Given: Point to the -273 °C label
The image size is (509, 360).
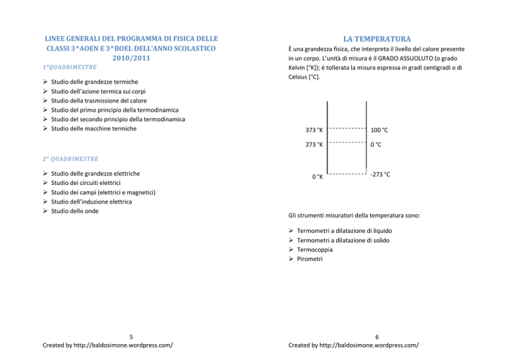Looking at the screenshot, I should click(380, 174).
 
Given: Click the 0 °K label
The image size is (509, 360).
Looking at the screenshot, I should click(317, 177).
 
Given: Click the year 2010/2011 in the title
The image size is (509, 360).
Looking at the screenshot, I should click(132, 58).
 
